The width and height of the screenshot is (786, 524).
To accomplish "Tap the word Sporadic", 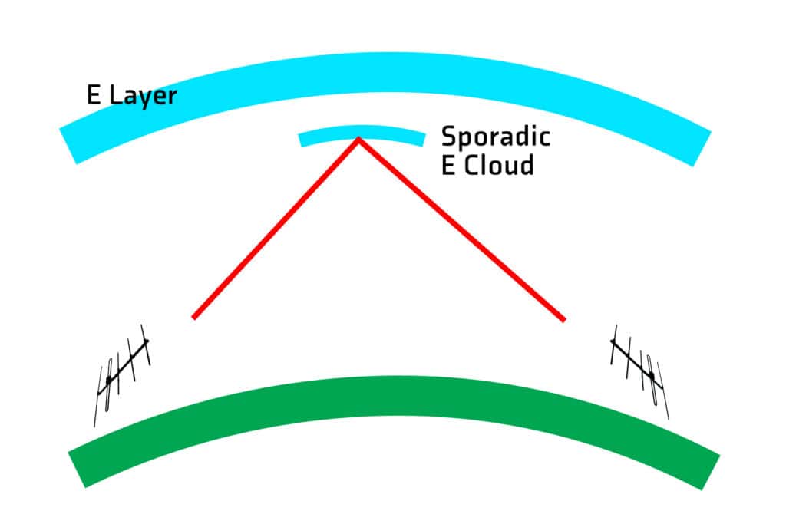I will pyautogui.click(x=495, y=137).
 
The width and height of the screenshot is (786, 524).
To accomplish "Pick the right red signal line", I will pyautogui.click(x=461, y=228).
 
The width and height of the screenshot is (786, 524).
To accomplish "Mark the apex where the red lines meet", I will pyautogui.click(x=358, y=139).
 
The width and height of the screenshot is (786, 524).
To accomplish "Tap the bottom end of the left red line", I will pyautogui.click(x=194, y=316).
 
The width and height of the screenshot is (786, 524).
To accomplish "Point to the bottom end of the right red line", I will pyautogui.click(x=563, y=319).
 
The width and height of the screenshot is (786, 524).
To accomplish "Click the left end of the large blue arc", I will pyautogui.click(x=69, y=146).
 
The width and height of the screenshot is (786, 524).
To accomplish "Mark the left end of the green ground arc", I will pyautogui.click(x=78, y=468).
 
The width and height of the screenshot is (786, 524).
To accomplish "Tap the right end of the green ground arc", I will pyautogui.click(x=711, y=471).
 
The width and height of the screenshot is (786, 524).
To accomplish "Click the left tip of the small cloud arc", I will pyautogui.click(x=301, y=140).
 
